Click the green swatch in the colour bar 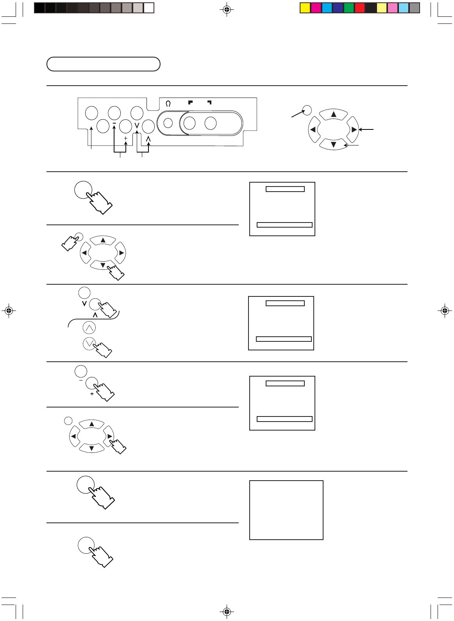click(x=349, y=8)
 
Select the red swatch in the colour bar click(x=359, y=8)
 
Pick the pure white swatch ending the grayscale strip click(x=149, y=8)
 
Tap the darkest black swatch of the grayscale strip click(x=39, y=8)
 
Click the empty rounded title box click(x=103, y=64)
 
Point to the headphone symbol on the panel click(x=168, y=104)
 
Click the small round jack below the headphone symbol click(x=168, y=123)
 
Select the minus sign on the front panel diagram click(x=114, y=124)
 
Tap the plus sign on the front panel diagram click(x=125, y=138)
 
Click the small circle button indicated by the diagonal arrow click(x=307, y=110)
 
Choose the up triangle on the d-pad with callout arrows click(x=333, y=114)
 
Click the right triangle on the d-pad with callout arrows click(x=354, y=129)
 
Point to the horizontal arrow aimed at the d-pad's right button click(x=366, y=129)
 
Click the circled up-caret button click(x=89, y=328)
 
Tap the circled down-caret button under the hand click(x=89, y=343)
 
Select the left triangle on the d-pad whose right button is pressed click(x=73, y=436)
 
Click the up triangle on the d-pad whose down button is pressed click(x=103, y=240)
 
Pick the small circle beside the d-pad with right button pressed click(x=68, y=420)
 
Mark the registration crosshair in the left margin click(x=9, y=311)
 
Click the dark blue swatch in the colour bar click(x=338, y=8)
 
